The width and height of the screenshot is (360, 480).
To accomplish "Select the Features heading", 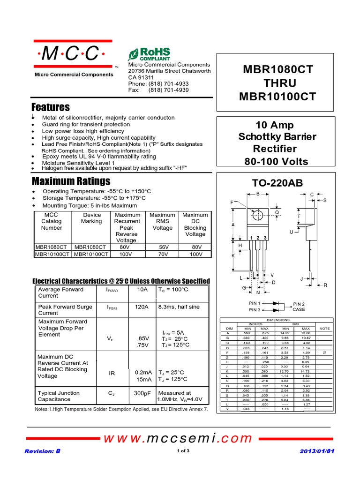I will click(x=50, y=107).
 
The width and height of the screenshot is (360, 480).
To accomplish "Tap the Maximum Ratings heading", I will click(x=71, y=181).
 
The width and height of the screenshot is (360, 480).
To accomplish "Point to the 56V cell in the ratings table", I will click(x=163, y=247).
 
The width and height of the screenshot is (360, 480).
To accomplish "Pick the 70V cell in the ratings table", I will click(x=163, y=254).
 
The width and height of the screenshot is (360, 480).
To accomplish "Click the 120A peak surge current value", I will click(x=142, y=307).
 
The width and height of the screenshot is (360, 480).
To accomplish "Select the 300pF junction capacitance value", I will click(x=142, y=393).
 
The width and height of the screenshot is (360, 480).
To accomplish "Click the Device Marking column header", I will click(x=91, y=218).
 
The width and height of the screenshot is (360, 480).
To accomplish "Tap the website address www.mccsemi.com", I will click(x=178, y=438).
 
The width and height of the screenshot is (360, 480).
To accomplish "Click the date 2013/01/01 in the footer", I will click(x=318, y=451).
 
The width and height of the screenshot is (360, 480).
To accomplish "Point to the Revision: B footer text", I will click(x=42, y=451).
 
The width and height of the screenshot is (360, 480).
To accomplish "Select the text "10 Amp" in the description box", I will click(x=274, y=125).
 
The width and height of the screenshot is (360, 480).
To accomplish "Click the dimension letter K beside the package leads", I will click(x=233, y=256).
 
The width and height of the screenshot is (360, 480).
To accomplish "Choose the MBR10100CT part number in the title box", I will click(x=277, y=97).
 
